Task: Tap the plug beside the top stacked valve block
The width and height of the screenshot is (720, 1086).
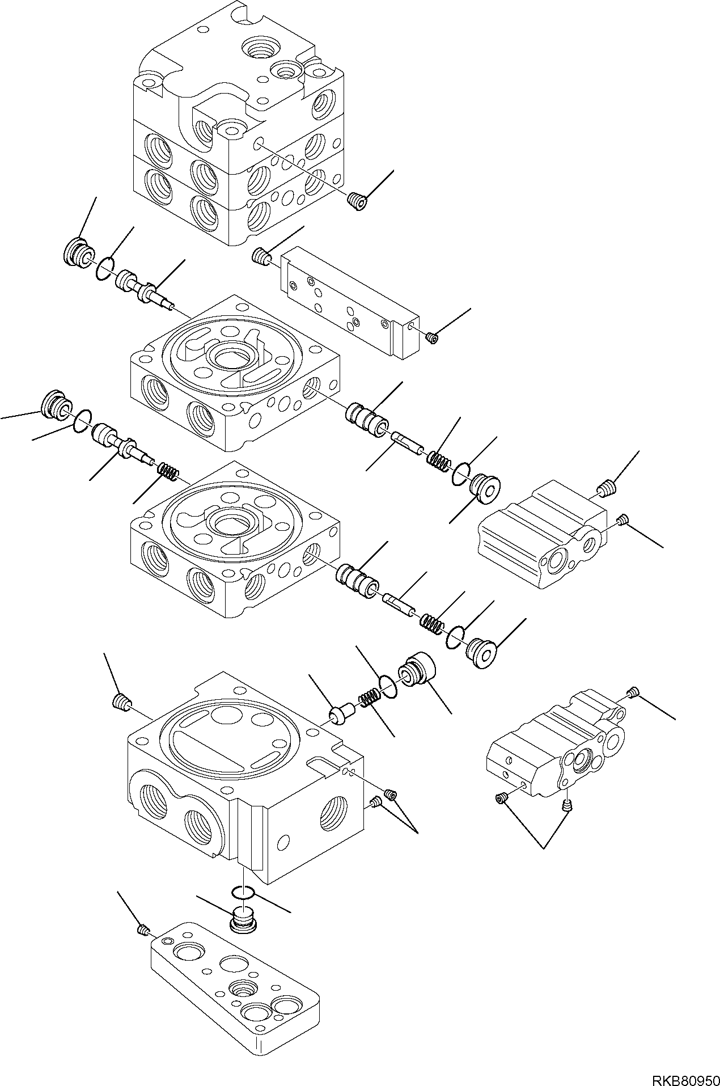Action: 356,201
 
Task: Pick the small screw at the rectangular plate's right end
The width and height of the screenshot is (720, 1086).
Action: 432,339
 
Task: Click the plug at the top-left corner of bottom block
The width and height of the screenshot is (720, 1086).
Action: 120,703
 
